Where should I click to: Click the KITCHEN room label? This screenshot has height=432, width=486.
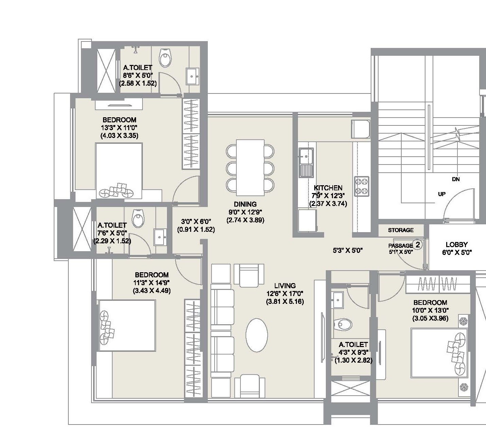point(328,188)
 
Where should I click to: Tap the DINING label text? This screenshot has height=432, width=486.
point(245,204)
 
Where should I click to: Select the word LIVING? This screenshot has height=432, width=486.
point(285,286)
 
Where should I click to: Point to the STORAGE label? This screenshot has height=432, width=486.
point(401,230)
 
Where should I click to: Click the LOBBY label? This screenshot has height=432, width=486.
point(456,244)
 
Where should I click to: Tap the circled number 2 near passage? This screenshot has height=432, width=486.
point(418,244)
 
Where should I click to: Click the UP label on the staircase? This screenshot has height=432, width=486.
point(441,194)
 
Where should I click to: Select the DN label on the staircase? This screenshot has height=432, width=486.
point(456,179)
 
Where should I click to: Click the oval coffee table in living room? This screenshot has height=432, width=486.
point(256,335)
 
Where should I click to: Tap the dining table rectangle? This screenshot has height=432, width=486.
point(250,167)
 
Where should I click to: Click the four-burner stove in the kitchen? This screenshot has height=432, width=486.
point(362,186)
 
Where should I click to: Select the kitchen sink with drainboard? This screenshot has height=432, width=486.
point(306,162)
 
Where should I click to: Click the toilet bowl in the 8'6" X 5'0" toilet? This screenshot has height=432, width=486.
point(166,59)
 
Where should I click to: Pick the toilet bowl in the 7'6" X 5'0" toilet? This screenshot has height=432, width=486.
point(138,219)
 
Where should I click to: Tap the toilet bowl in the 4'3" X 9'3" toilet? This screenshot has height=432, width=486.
point(343,324)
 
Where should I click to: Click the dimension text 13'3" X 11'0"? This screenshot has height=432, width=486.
point(119,128)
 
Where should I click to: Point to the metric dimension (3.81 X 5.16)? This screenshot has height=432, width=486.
point(285,301)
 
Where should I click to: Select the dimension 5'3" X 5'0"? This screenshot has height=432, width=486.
point(348,251)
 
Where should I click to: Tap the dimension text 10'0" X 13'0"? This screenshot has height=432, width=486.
point(430,310)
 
